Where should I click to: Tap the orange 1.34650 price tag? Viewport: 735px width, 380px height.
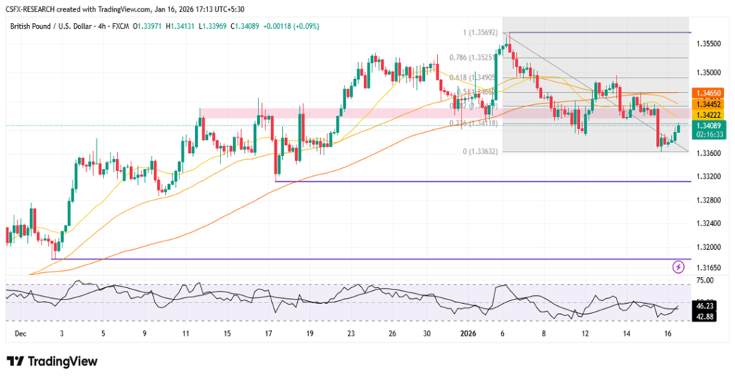711,93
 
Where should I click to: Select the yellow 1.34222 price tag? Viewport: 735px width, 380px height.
711,114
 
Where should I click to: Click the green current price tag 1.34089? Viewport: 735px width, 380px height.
711,125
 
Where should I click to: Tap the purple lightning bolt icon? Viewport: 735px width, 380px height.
678,267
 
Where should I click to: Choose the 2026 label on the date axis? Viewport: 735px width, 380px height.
468,334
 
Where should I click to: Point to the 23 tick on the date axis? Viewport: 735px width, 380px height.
351,334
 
